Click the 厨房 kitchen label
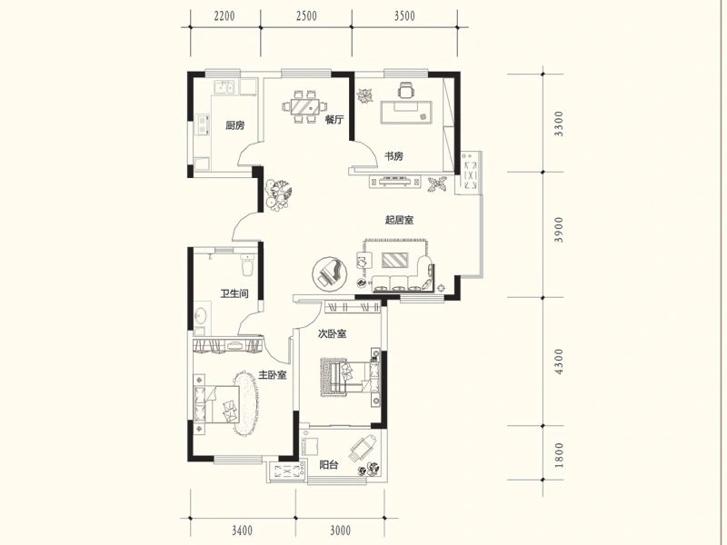(x=235, y=125)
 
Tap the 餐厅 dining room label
(x=334, y=119)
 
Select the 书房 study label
(x=394, y=155)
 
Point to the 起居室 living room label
(x=399, y=220)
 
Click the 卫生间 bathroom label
(x=234, y=293)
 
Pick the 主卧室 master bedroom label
(x=272, y=374)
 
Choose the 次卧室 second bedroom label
(x=332, y=333)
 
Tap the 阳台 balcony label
(x=329, y=464)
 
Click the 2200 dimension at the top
(x=224, y=16)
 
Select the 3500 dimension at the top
(x=404, y=16)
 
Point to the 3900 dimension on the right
(x=559, y=230)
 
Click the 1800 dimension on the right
(x=559, y=455)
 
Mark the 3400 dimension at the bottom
(x=242, y=530)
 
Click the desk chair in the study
(x=406, y=90)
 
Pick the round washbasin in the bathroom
(x=200, y=315)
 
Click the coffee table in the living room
(x=395, y=260)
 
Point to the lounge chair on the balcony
(x=363, y=449)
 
